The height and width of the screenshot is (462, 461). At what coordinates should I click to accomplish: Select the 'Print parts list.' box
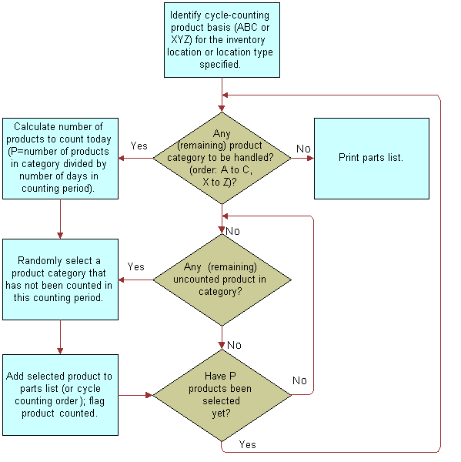(x=371, y=157)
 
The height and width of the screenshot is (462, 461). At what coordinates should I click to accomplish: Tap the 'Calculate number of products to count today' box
(x=60, y=158)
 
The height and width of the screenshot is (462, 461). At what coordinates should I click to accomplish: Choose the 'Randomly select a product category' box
(x=60, y=279)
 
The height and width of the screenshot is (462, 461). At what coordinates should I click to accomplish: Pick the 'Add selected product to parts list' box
(x=60, y=394)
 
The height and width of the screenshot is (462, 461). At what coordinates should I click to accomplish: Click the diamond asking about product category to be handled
(x=222, y=158)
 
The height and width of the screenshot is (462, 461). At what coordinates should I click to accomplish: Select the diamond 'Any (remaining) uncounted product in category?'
(x=222, y=280)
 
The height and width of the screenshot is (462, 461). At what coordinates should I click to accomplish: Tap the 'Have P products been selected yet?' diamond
(x=222, y=394)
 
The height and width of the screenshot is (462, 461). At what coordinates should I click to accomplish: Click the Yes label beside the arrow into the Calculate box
(x=139, y=146)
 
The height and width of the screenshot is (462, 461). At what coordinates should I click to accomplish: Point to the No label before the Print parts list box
(x=303, y=149)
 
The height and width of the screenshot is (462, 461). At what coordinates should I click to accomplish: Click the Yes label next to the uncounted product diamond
(x=135, y=266)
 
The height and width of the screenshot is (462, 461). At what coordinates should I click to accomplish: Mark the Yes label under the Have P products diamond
(x=247, y=444)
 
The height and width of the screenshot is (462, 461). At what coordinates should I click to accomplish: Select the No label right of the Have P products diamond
(x=299, y=380)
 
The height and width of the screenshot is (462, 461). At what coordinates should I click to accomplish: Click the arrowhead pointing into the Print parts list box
(x=310, y=158)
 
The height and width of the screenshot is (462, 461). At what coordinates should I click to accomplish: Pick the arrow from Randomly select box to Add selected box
(x=60, y=337)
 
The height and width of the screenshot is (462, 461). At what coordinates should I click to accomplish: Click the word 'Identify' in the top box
(x=188, y=15)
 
